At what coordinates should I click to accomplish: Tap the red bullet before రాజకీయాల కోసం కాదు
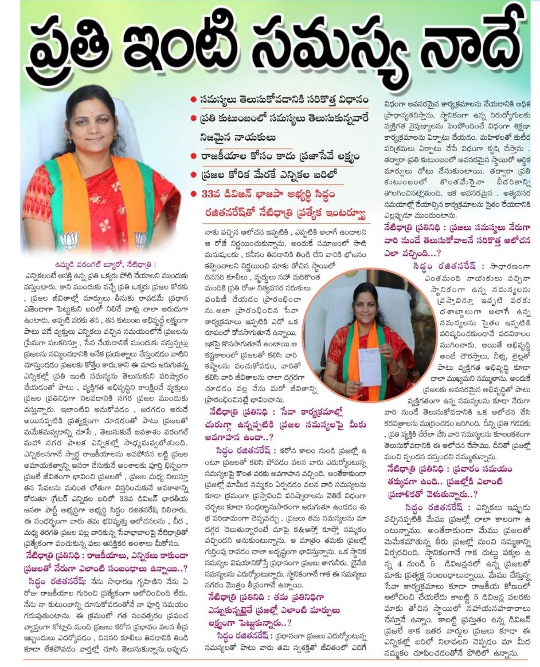(194, 156)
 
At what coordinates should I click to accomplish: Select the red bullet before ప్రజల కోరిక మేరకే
(194, 175)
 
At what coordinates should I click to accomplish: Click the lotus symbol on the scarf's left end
(69, 239)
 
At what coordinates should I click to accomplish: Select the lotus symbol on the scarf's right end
(140, 239)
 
